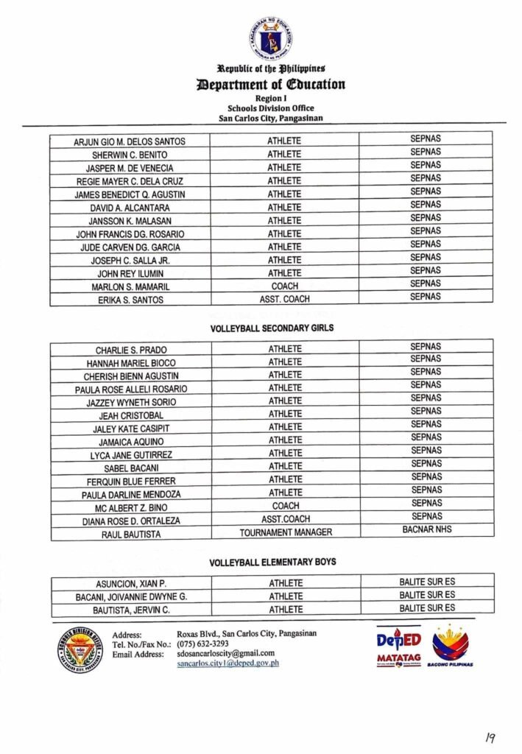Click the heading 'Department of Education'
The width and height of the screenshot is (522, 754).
[271, 84]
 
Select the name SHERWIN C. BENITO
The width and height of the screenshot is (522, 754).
[130, 155]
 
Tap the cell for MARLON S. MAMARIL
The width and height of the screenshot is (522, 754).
[130, 286]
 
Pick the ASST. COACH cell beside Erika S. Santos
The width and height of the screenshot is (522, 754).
[284, 300]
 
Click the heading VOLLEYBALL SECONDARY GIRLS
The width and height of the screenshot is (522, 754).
[272, 328]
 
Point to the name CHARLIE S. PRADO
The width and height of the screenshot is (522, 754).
[131, 350]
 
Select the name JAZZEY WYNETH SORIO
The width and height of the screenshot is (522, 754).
[131, 402]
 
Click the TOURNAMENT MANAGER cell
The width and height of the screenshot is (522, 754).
[286, 532]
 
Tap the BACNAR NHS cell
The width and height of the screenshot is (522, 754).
[427, 529]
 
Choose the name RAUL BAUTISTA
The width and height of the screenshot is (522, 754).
[131, 535]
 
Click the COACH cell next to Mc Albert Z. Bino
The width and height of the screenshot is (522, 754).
[286, 507]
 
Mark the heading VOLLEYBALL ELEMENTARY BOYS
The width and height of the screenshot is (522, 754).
[272, 563]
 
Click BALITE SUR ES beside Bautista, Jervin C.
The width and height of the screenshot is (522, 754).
[427, 607]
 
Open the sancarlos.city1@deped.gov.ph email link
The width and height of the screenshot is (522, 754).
[228, 663]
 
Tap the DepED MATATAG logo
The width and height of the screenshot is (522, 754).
[398, 646]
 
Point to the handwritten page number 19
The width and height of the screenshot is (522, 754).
[490, 736]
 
